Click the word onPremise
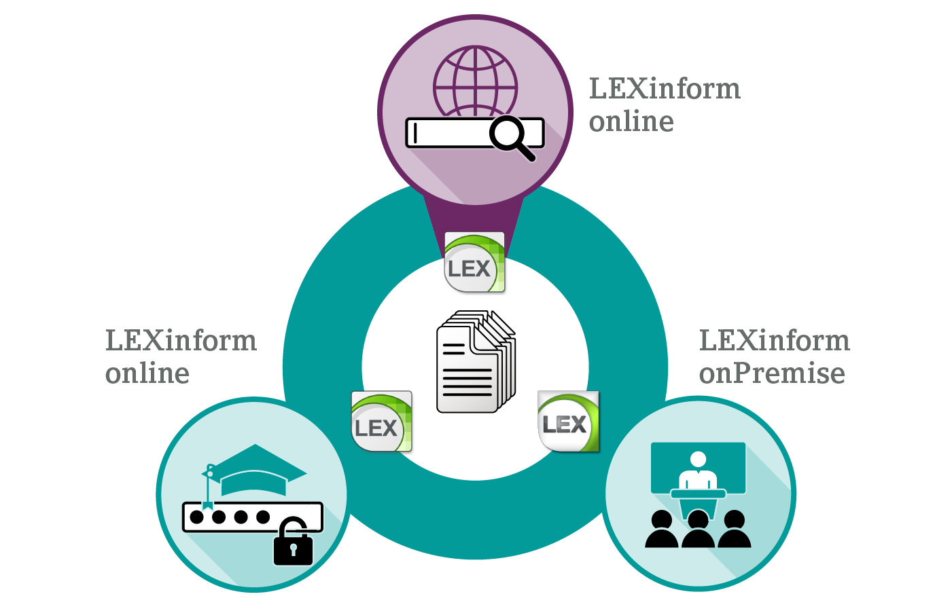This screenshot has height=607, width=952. [772, 373]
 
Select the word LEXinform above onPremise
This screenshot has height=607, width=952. [774, 341]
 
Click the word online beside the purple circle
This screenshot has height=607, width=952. [631, 122]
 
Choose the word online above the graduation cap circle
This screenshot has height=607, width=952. [147, 373]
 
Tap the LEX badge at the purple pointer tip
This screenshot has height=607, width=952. [474, 263]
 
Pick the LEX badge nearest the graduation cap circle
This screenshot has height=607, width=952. [381, 422]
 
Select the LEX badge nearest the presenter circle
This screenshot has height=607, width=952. [568, 422]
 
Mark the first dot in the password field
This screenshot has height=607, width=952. [197, 517]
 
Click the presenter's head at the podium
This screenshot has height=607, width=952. [698, 460]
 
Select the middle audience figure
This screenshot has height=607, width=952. [698, 531]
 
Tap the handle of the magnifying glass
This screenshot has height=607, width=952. [526, 152]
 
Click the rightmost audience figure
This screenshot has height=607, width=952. [734, 531]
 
